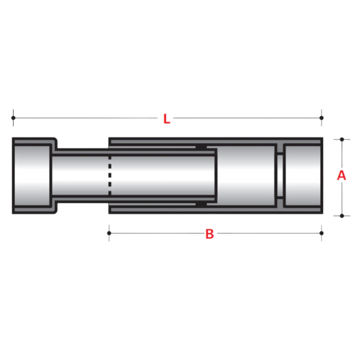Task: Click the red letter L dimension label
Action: [167, 119]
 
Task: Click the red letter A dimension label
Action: [341, 176]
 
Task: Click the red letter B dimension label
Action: [209, 234]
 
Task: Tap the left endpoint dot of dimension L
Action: [13, 118]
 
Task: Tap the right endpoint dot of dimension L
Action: [321, 118]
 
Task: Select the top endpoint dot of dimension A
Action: [342, 139]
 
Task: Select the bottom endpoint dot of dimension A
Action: [342, 216]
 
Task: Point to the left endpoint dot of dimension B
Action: [109, 233]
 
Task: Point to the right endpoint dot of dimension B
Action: [321, 233]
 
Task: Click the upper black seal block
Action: [201, 147]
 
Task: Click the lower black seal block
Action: [201, 204]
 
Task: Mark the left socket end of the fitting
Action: [32, 176]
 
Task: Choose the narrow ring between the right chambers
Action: [280, 176]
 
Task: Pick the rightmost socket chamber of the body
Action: [302, 176]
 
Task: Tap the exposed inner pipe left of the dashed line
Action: [80, 176]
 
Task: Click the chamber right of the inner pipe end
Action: [246, 176]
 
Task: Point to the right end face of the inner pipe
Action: [216, 176]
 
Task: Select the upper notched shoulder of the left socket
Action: [55, 144]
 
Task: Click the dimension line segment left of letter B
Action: [157, 233]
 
